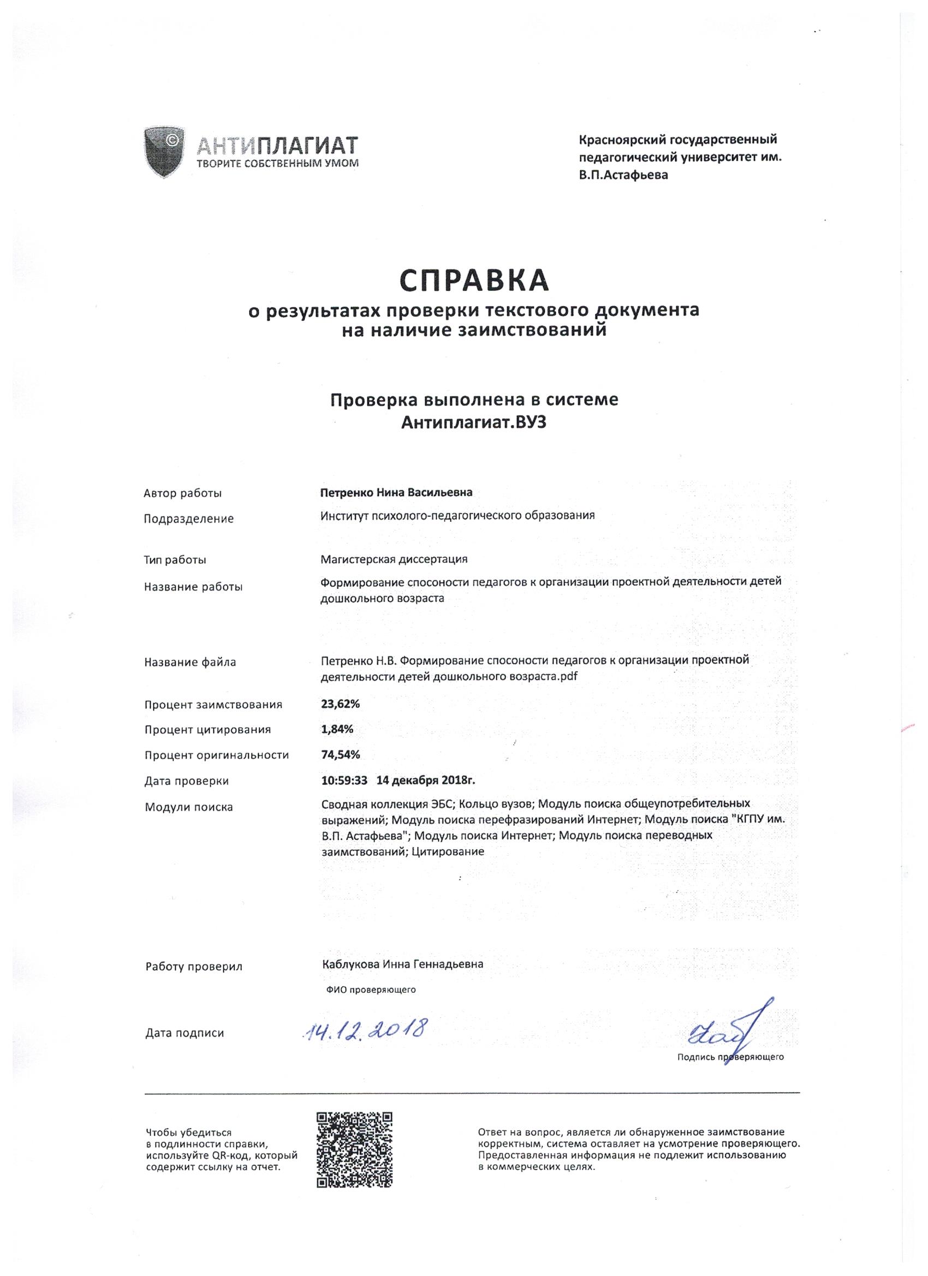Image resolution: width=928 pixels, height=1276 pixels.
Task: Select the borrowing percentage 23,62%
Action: click(340, 703)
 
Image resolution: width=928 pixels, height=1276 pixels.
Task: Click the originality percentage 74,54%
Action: click(340, 754)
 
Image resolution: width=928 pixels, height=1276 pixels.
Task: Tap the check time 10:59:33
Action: click(344, 780)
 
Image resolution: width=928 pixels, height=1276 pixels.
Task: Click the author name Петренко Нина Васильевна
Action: click(396, 492)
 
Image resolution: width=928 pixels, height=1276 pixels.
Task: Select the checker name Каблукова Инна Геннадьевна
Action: click(402, 964)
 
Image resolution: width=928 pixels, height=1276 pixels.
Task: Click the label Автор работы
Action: click(182, 493)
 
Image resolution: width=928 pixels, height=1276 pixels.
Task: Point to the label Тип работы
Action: click(175, 560)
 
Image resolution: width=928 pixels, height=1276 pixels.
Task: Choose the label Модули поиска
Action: click(188, 807)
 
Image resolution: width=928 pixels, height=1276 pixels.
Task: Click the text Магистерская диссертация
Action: click(394, 559)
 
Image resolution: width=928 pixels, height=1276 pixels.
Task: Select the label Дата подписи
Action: click(185, 1033)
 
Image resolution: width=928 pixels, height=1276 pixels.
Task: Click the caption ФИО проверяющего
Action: click(370, 989)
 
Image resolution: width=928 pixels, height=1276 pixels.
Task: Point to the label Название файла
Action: click(189, 662)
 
